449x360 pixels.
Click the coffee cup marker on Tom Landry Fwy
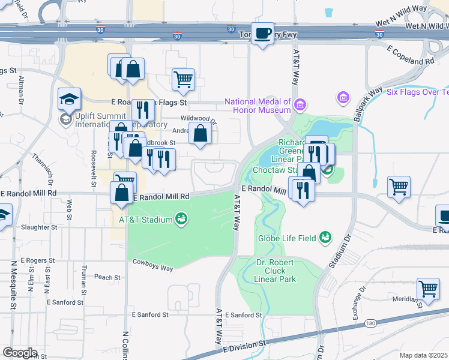pyautogui.click(x=262, y=34)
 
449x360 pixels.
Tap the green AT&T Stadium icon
pyautogui.click(x=180, y=220)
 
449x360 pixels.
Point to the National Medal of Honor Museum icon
pyautogui.click(x=300, y=105)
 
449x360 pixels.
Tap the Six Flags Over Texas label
pyautogui.click(x=417, y=92)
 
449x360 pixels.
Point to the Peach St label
pyautogui.click(x=107, y=277)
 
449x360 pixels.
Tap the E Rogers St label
pyautogui.click(x=37, y=261)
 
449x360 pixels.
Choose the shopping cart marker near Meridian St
pyautogui.click(x=429, y=289)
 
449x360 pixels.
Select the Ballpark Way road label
pyautogui.click(x=367, y=105)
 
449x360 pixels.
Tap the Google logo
pyautogui.click(x=20, y=353)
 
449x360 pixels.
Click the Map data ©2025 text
pyautogui.click(x=424, y=355)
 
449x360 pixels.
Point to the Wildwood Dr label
pyautogui.click(x=198, y=119)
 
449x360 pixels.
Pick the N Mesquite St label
pyautogui.click(x=13, y=285)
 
